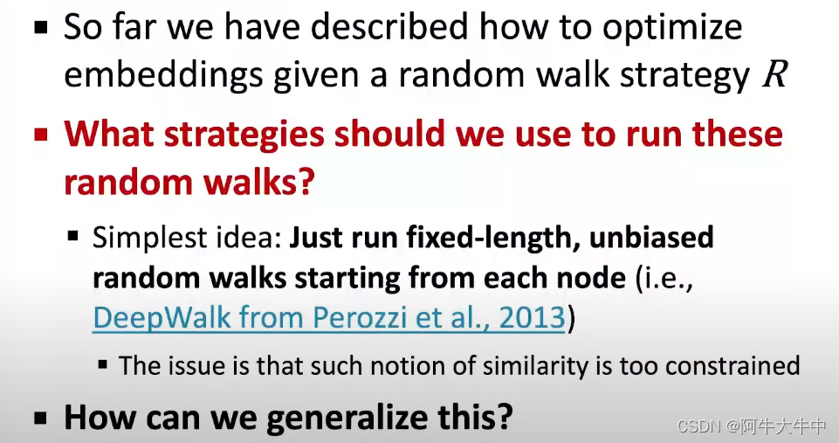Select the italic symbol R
tap(774, 76)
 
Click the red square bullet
tap(41, 137)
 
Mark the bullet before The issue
tap(104, 364)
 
